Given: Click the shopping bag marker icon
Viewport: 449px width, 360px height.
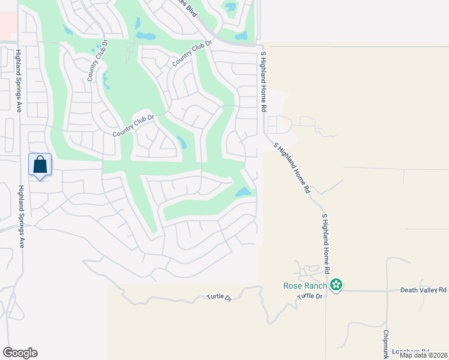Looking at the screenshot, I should pos(40,164).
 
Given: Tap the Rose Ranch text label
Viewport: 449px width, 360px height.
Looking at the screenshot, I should pos(306,285).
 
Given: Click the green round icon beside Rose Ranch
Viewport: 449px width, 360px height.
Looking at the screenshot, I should pos(337,285).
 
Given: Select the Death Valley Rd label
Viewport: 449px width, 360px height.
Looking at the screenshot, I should pos(424,290).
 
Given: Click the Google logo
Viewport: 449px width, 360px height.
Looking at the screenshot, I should pos(20,353).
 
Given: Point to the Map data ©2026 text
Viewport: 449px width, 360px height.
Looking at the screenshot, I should pos(424,355).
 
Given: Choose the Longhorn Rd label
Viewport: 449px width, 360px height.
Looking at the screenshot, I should pos(411,352).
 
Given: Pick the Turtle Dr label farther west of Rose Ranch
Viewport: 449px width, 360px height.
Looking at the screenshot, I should pos(219,297).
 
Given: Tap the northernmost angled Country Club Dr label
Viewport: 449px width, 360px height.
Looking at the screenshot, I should pos(193,53).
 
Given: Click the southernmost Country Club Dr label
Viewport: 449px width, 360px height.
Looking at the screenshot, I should pos(134,126).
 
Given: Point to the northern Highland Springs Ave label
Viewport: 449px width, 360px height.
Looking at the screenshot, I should pos(19,80).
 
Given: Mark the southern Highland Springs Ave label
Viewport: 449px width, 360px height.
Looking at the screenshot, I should pos(21,216).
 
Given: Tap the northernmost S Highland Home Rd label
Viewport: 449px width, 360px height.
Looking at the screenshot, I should pos(263,82).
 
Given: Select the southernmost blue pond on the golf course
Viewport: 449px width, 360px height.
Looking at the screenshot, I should pos(243,193).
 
